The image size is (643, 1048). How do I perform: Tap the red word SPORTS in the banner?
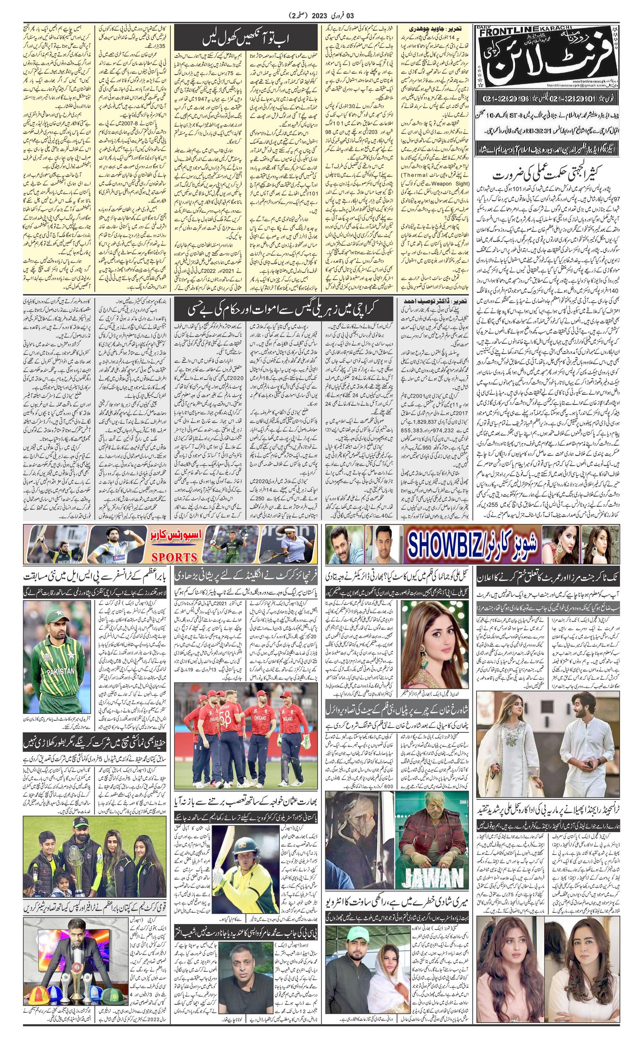(175, 557)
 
